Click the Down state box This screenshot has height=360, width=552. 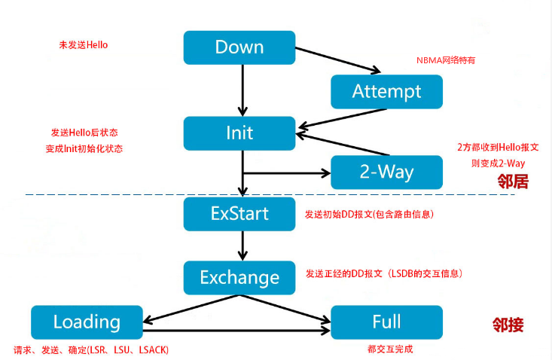coord(239,47)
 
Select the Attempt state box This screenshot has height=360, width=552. coord(386,91)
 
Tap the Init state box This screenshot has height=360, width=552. coord(239,133)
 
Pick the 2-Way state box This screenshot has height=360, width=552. coord(386,172)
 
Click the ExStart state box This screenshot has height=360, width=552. coord(239,214)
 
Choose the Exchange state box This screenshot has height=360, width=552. coord(239,277)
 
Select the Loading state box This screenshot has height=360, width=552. coord(87,322)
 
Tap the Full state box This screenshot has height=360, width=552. coord(386,322)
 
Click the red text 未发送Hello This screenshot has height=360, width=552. coord(84,45)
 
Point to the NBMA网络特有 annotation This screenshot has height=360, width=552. coord(446,60)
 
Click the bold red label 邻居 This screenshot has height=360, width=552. coord(512,182)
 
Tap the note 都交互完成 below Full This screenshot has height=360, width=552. coord(387,349)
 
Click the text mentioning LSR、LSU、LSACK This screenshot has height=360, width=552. coord(91,350)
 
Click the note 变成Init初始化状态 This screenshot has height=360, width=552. coord(84,148)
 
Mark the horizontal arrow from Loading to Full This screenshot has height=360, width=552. coord(236,329)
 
